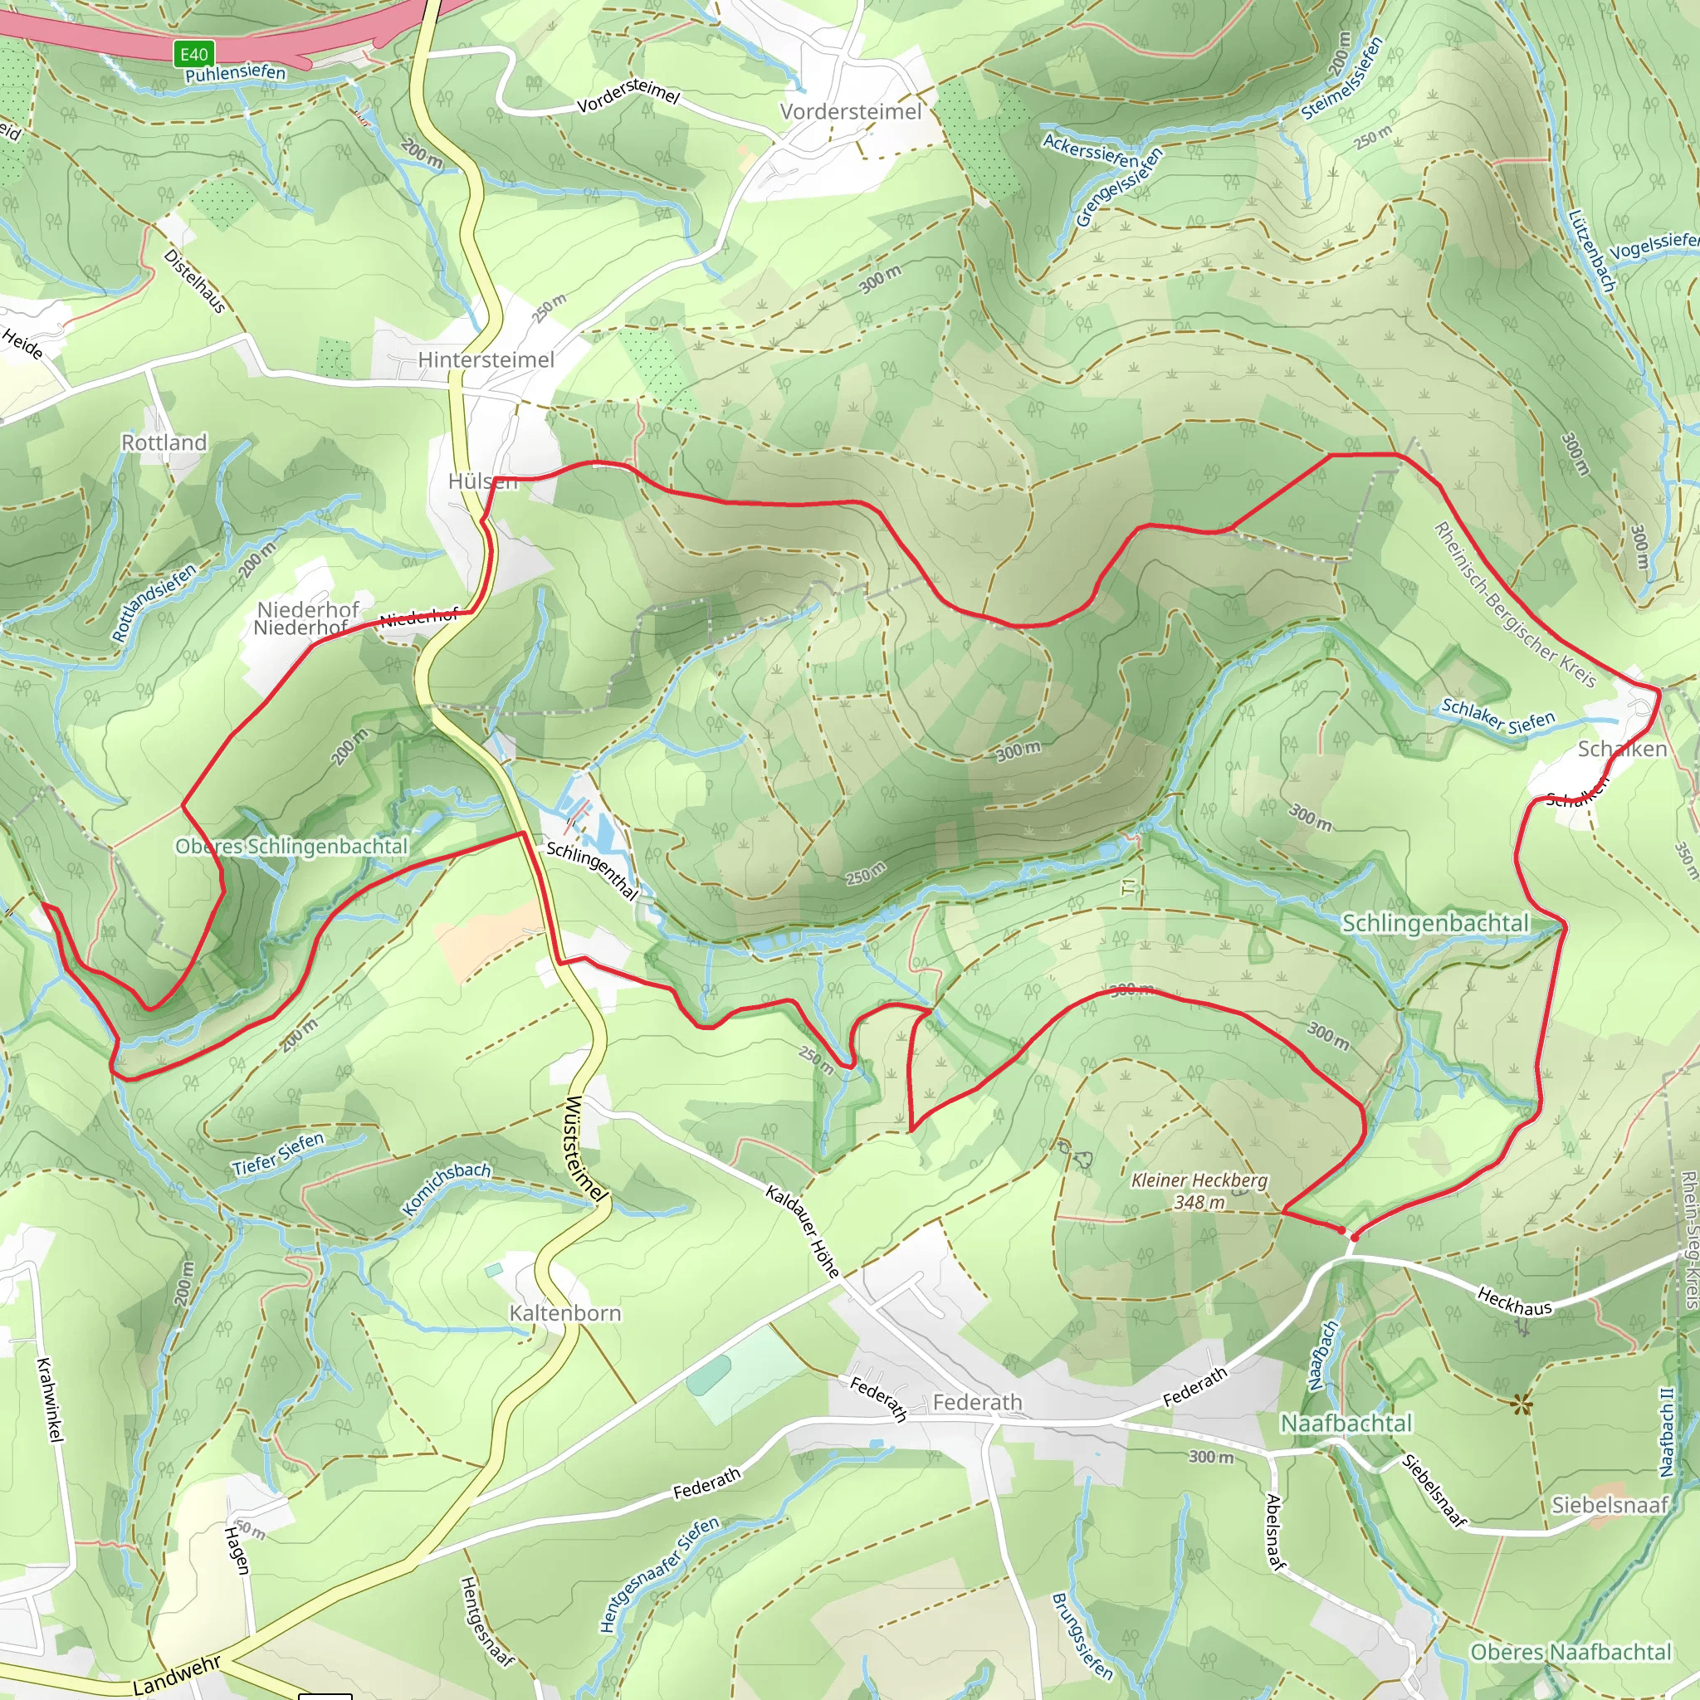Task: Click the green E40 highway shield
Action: (193, 55)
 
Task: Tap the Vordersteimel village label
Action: (851, 112)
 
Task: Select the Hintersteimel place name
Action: (486, 360)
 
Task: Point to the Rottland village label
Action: (164, 442)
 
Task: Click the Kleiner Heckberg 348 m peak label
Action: (1199, 1190)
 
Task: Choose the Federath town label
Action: (977, 1402)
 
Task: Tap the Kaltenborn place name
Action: (565, 1313)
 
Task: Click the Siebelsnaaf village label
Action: (1610, 1505)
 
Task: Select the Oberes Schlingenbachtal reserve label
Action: (291, 847)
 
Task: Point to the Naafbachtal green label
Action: (1346, 1423)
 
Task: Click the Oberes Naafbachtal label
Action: (1571, 1653)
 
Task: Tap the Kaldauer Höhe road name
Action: (802, 1231)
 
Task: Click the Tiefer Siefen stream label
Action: (278, 1154)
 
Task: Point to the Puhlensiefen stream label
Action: (235, 73)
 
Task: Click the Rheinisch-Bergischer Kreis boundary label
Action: (1514, 603)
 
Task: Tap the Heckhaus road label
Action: (1514, 1302)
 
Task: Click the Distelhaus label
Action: (194, 281)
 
